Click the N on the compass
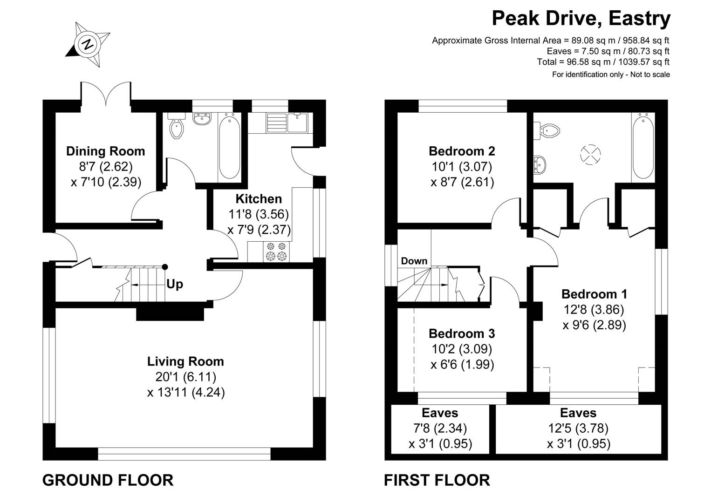coord(88,44)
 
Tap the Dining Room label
coord(106,151)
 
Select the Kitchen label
coord(259,199)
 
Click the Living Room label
coord(186,361)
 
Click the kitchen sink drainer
coord(276,122)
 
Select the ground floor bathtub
coord(229,148)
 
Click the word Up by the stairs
coord(175,284)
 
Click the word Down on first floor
coord(414,261)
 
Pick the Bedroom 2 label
coord(462,151)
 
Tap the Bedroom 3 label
coord(462,333)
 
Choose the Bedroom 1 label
coord(594,294)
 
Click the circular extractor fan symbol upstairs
coord(590,155)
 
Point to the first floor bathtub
coord(643,148)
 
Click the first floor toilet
coord(547,130)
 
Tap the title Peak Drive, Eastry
coord(581,19)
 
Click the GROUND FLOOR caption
coord(108,480)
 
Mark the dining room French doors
coord(106,93)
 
